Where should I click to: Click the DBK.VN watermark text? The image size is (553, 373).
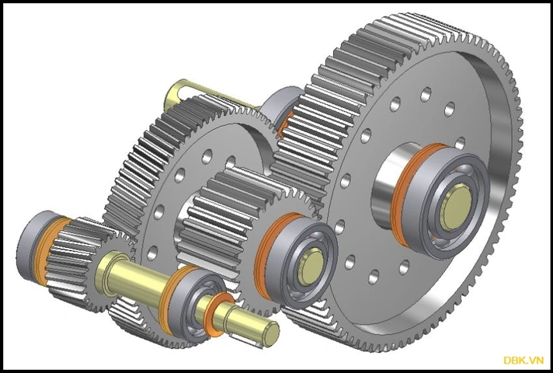(x=523, y=360)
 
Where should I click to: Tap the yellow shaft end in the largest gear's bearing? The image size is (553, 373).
(x=457, y=208)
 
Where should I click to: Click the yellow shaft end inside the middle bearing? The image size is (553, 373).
(x=311, y=267)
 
